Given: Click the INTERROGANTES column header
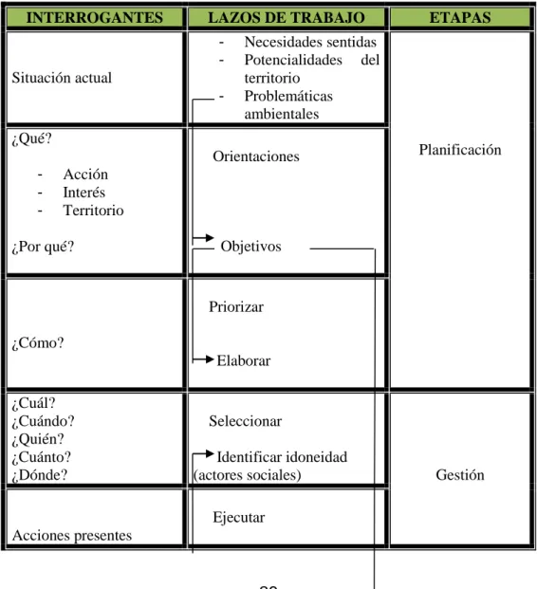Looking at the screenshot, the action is click(x=95, y=18).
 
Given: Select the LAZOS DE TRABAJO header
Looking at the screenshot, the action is click(x=287, y=18).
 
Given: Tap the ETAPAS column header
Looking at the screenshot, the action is click(x=460, y=18).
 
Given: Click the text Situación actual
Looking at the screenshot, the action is click(x=62, y=78).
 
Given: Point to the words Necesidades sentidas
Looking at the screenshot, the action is click(x=310, y=42).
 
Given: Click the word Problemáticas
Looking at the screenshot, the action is click(x=288, y=96).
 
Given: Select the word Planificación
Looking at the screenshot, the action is click(x=460, y=150).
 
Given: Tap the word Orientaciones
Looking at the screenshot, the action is click(x=256, y=156).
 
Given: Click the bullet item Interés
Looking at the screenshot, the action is click(x=83, y=192).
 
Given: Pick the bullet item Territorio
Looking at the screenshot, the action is click(x=93, y=210).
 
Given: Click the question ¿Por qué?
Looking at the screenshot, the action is click(x=43, y=247).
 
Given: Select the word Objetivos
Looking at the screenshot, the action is click(x=250, y=247).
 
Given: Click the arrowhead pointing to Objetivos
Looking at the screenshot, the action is click(x=210, y=238).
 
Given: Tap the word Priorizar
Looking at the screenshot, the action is click(x=236, y=306).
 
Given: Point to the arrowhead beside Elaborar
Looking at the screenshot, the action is click(x=210, y=359).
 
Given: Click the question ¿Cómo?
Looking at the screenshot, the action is click(x=38, y=342).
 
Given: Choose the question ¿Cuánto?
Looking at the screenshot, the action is click(x=42, y=457).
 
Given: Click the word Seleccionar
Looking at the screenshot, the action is click(x=245, y=421).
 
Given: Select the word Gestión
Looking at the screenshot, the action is click(x=460, y=475).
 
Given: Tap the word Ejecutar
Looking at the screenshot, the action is click(x=239, y=517).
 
